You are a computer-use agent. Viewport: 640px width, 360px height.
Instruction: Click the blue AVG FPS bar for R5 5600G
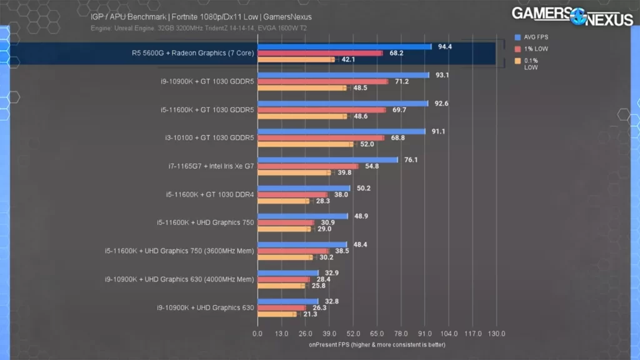[x=344, y=47]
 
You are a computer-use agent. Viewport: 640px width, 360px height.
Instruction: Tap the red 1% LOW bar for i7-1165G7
[x=307, y=166]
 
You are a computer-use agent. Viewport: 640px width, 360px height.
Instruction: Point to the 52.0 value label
[x=366, y=144]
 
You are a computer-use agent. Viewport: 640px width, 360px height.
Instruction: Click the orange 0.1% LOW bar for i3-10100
[x=306, y=144]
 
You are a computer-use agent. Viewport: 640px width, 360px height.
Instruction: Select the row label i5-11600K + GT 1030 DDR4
[x=210, y=194]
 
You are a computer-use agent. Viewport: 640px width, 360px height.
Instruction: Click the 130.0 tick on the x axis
[x=496, y=334]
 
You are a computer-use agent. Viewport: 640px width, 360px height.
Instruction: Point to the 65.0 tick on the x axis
[x=377, y=334]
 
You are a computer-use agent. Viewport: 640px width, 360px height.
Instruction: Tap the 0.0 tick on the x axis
[x=257, y=334]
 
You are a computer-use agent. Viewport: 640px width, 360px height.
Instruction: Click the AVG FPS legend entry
[x=536, y=37]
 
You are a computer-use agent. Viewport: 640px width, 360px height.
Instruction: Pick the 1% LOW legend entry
[x=535, y=49]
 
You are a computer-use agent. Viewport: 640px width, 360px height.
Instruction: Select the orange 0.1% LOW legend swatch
[x=518, y=61]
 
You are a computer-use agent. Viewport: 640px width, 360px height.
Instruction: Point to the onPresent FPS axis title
[x=376, y=344]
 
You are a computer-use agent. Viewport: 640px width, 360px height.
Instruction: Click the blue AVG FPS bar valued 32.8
[x=287, y=301]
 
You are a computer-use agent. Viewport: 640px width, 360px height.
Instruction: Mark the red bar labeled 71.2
[x=322, y=81]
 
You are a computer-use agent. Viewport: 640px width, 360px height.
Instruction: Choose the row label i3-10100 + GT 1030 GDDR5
[x=206, y=138]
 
